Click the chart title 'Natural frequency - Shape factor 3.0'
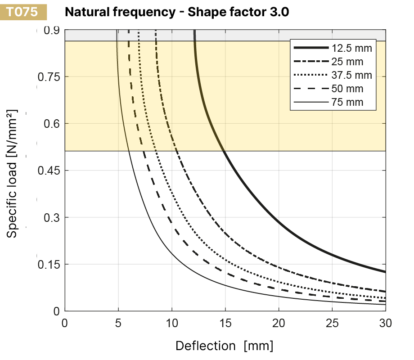pos(177,12)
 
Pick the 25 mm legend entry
pos(328,62)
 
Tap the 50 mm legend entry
pos(328,89)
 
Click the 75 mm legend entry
pos(328,103)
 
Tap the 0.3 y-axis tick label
pos(52,217)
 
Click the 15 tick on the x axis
pos(225,323)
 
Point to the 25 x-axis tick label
pos(332,323)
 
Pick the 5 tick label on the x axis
pos(118,323)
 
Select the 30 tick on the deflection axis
pos(386,323)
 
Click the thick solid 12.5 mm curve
pos(279,221)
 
